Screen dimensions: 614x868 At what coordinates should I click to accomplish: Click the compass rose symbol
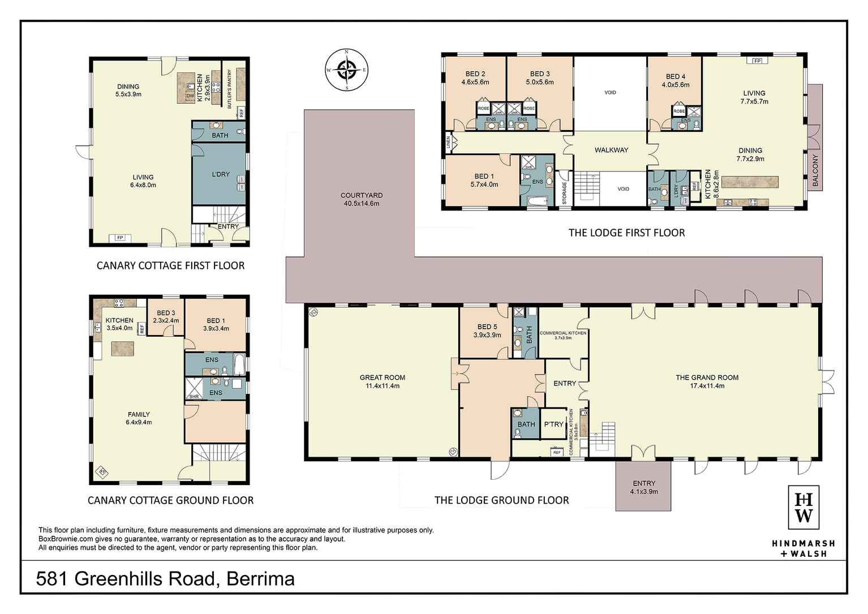coord(346,70)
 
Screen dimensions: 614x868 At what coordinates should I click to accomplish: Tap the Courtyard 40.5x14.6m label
coord(362,199)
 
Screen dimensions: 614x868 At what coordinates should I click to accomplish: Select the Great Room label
coord(383,381)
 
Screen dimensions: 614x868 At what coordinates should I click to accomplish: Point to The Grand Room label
coord(707,381)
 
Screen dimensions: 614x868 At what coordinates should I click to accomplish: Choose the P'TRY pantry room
coord(553,424)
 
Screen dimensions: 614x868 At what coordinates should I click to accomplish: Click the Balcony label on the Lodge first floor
coord(815,170)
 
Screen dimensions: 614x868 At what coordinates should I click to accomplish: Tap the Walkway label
coord(611,150)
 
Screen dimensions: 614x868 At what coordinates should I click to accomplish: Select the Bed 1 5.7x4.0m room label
coord(484,180)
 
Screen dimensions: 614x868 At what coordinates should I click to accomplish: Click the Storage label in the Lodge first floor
coord(564,193)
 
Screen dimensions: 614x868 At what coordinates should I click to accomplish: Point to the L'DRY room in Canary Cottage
coord(221,174)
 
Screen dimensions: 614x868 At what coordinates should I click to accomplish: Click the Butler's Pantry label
coord(230,89)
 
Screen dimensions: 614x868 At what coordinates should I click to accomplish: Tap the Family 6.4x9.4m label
coord(139,418)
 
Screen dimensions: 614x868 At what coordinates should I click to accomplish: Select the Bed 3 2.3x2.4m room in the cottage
coord(166,316)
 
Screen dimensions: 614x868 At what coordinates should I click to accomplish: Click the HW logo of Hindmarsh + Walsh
coord(803,508)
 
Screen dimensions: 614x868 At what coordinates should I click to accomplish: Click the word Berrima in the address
coord(260,579)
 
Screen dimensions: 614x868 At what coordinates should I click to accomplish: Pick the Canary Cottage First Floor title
coord(170,265)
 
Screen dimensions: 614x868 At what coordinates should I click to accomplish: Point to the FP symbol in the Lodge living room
coord(757,61)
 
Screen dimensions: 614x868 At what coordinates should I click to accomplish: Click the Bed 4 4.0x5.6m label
coord(676,80)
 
